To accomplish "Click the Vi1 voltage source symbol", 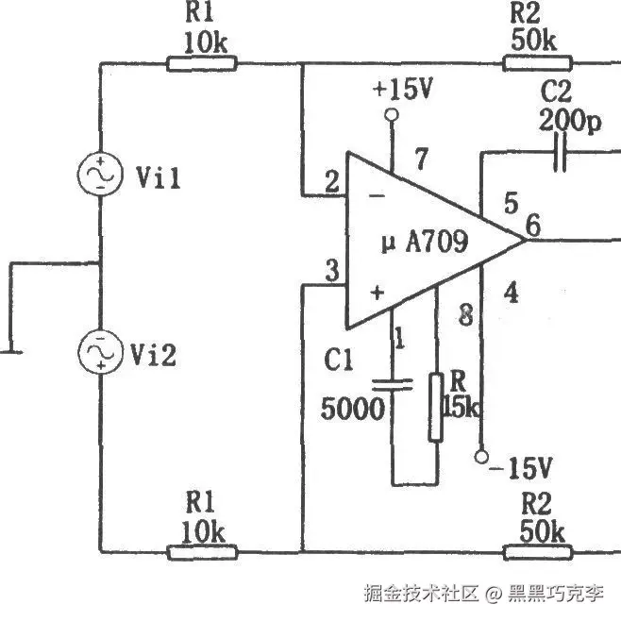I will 100,176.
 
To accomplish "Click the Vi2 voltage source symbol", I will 100,351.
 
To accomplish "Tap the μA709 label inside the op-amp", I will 424,243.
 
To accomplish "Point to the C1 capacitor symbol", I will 393,384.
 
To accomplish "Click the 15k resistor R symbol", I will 436,407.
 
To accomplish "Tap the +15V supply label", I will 402,90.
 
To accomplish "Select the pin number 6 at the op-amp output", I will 533,226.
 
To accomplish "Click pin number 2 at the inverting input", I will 331,182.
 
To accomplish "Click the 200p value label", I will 570,122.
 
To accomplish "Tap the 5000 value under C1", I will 353,409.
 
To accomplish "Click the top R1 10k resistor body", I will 199,63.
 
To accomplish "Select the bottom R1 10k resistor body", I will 199,552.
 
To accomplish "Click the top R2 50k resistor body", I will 537,63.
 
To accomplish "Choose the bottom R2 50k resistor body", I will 537,552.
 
